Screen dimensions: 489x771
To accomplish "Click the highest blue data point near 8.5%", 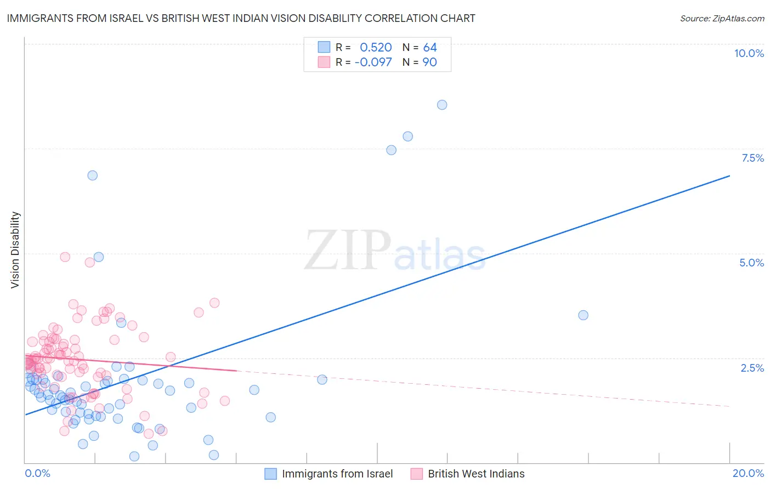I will point(442,105).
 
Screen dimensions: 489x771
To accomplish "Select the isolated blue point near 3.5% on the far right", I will point(583,315).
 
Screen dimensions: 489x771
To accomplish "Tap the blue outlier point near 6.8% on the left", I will point(93,175).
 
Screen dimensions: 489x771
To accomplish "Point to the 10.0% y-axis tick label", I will point(749,53).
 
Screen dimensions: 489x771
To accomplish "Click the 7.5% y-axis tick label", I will point(752,158).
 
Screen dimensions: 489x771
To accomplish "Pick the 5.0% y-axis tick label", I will point(751,263).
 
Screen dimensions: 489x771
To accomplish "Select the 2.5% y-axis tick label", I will point(752,368).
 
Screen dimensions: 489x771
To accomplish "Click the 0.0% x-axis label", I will point(37,473).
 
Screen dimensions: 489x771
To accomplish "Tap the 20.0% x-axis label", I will point(748,473).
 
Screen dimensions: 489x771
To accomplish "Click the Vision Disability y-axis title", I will point(15,250).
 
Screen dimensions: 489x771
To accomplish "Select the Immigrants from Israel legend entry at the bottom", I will point(337,474).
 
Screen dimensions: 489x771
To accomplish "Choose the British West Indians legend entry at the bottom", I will point(476,474).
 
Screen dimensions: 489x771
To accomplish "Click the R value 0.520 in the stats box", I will point(376,48).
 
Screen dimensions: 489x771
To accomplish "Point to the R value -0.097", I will point(373,62).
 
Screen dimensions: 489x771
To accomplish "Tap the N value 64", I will point(430,48).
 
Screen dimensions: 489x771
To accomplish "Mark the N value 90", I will point(430,62).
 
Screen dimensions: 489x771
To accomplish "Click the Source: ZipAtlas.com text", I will point(722,18).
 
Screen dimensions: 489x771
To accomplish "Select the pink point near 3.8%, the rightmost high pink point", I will point(214,303).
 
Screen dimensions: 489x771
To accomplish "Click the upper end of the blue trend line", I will point(729,176).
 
